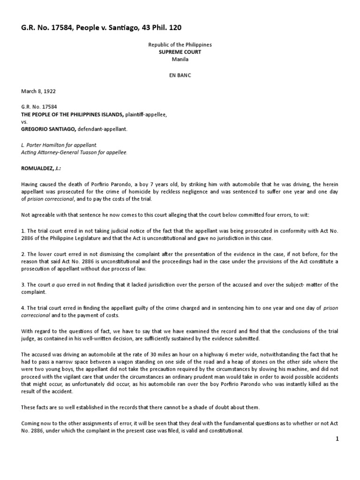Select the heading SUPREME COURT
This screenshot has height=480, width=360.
coord(180,52)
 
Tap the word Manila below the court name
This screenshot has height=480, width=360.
coord(180,60)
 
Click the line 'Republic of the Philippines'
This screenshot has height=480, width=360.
coord(180,45)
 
